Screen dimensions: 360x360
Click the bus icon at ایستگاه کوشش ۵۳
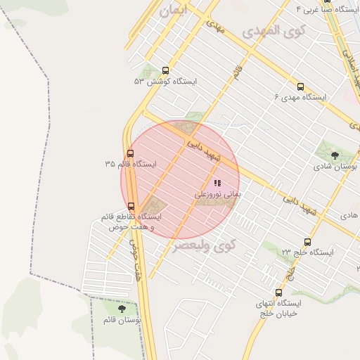point(165,70)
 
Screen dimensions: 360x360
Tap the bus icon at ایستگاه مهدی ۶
point(300,87)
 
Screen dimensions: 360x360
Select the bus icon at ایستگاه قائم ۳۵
point(130,154)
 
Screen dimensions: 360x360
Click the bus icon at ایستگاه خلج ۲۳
point(307,242)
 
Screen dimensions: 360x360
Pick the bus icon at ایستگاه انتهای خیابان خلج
point(279,292)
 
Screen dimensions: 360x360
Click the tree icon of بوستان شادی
point(333,156)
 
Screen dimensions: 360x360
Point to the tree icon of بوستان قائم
point(122,309)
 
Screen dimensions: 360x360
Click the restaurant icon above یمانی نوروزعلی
point(217,182)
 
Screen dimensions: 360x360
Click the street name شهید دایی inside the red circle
point(204,148)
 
